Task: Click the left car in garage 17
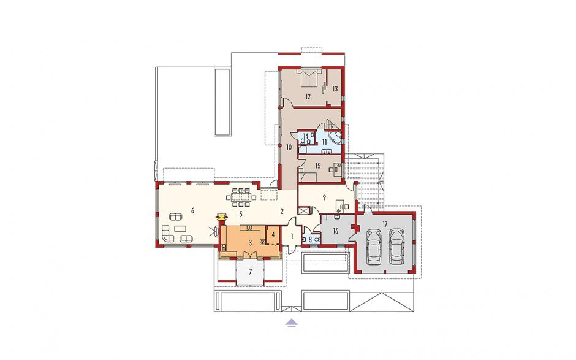[x=374, y=247]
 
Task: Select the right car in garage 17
[x=396, y=247]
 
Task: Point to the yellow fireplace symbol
[x=221, y=217]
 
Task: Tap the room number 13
[x=335, y=89]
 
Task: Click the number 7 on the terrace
[x=251, y=272]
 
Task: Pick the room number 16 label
[x=335, y=231]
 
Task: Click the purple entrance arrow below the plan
[x=291, y=323]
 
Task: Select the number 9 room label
[x=324, y=197]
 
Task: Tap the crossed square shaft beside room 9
[x=303, y=212]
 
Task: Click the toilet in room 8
[x=304, y=239]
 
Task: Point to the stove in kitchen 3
[x=263, y=242]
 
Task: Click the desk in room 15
[x=336, y=169]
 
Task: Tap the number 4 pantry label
[x=273, y=234]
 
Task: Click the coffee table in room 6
[x=180, y=228]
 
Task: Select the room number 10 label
[x=289, y=147]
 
